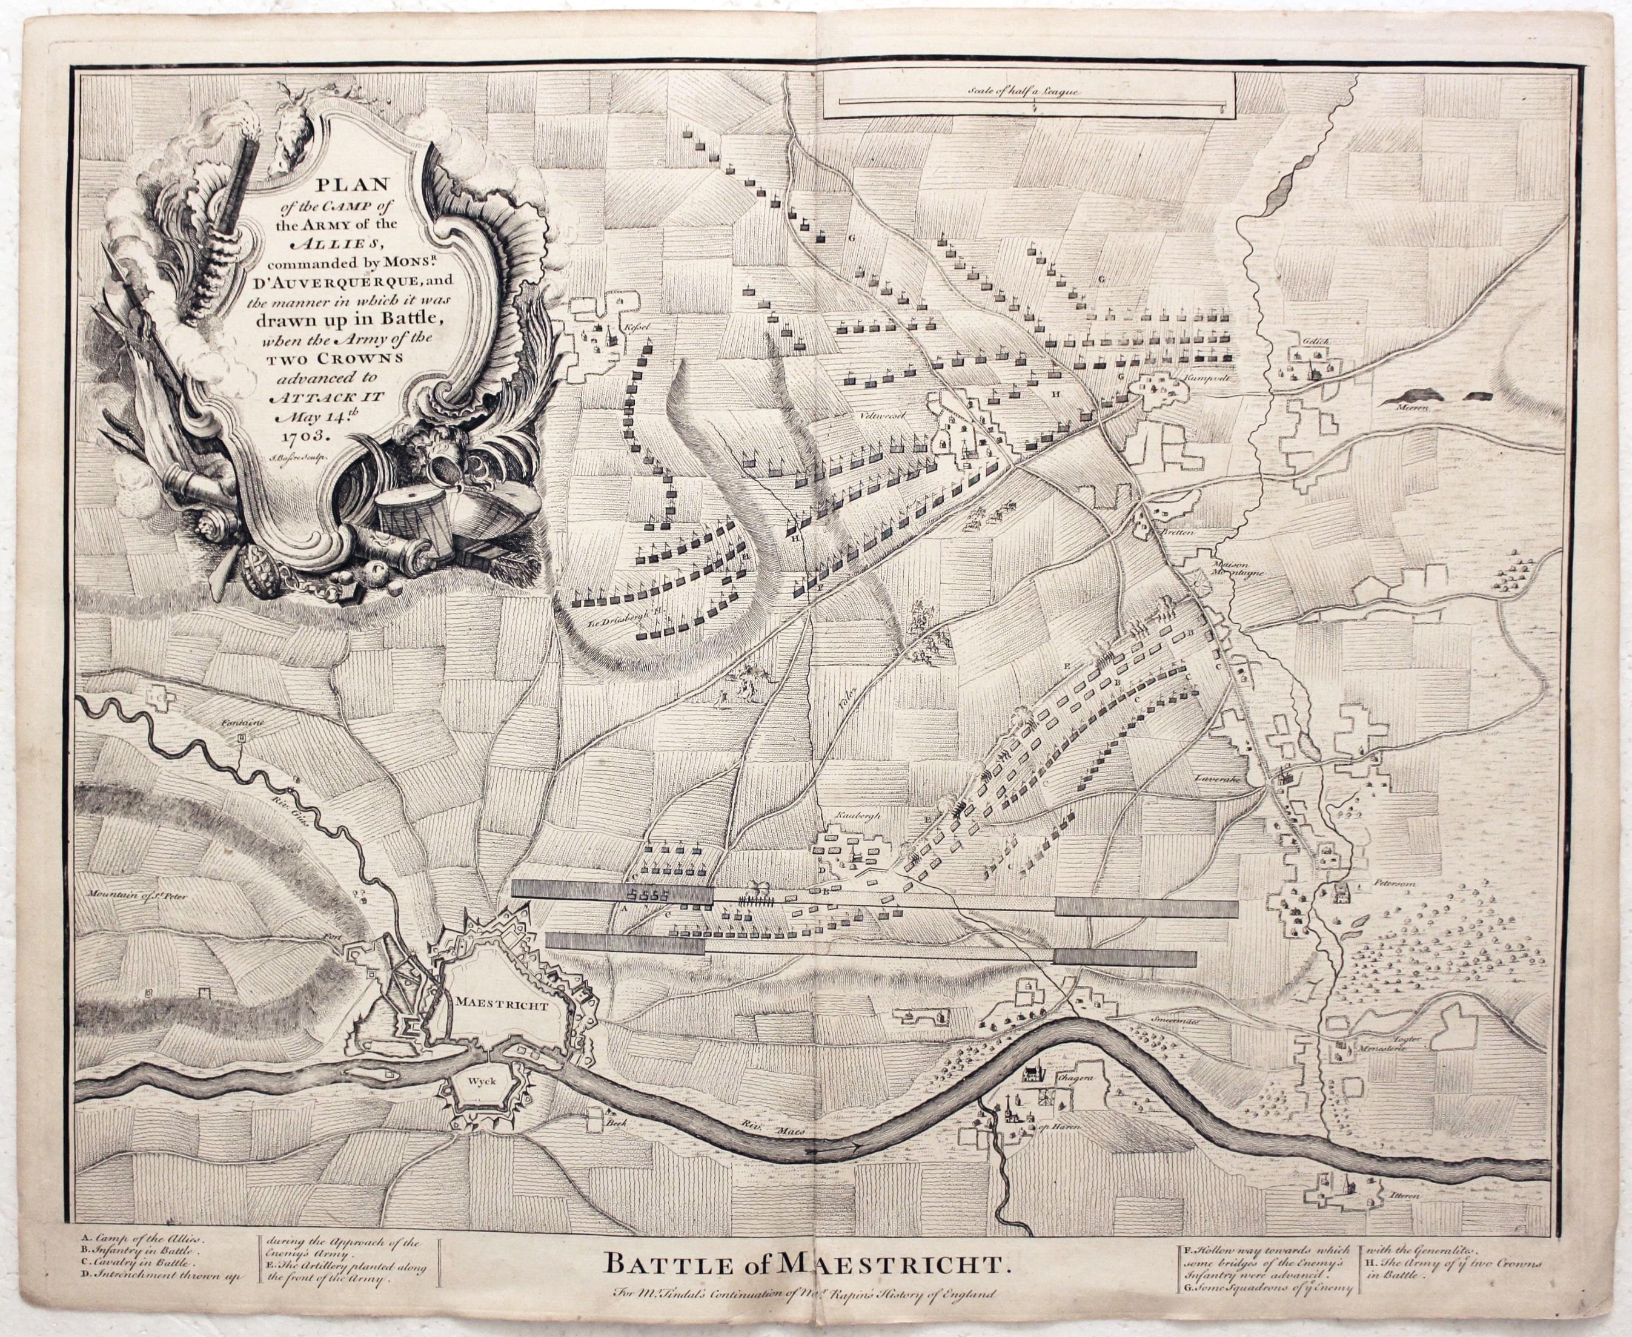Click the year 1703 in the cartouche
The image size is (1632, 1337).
coord(306,434)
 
